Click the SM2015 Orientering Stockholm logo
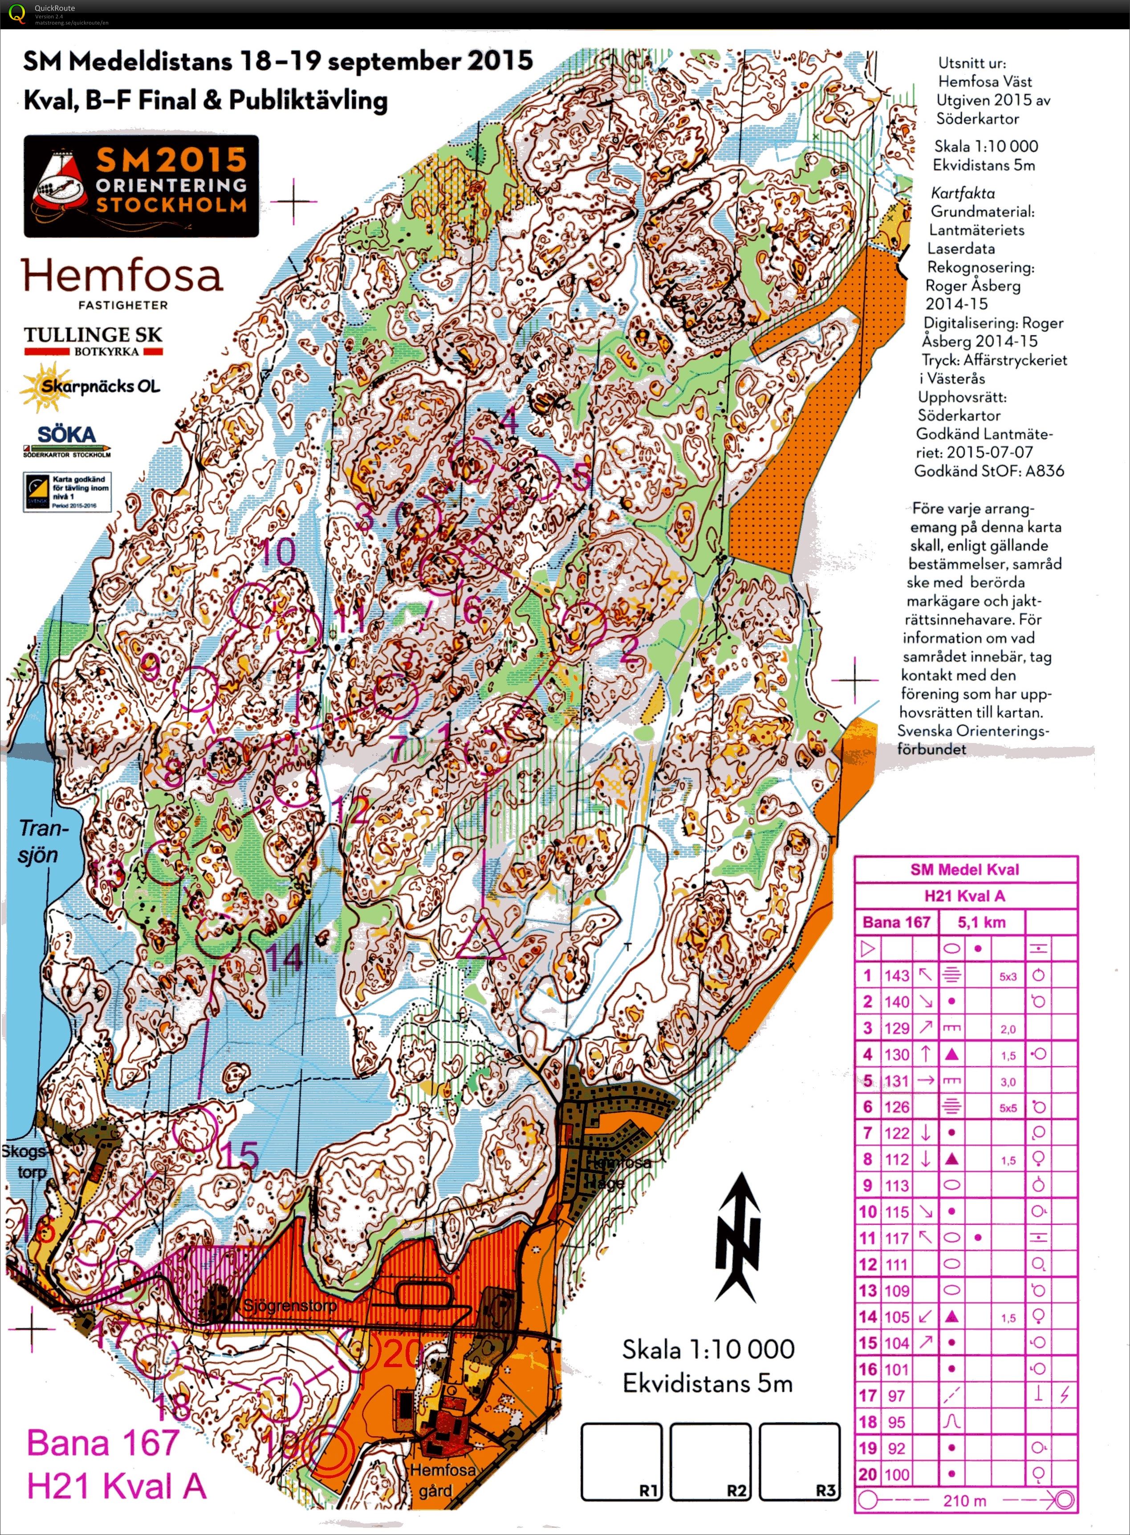coord(142,186)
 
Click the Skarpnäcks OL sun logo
coord(89,386)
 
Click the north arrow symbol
coord(737,1238)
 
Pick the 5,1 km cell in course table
coord(982,922)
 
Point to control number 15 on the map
coord(240,1156)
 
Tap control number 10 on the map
coord(278,551)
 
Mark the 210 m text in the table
coord(964,1501)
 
